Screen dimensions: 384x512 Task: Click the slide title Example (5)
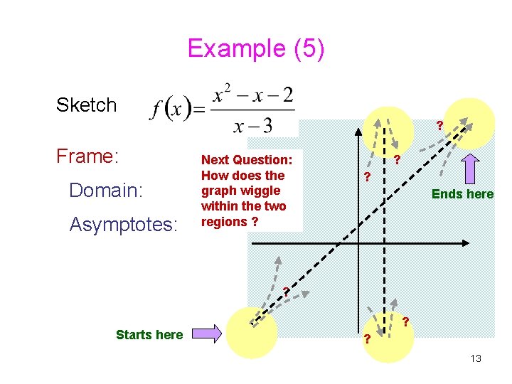[x=256, y=48]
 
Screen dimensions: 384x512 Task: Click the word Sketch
[x=86, y=105]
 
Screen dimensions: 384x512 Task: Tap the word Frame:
[x=86, y=156]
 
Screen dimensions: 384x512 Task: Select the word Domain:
[x=106, y=191]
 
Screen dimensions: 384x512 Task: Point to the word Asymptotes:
[x=123, y=225]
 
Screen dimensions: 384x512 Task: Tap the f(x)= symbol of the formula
[x=178, y=110]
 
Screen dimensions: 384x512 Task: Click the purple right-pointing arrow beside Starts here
[x=207, y=334]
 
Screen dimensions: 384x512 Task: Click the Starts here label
[x=149, y=334]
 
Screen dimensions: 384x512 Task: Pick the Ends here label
[x=462, y=194]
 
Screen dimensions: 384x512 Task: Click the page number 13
[x=476, y=358]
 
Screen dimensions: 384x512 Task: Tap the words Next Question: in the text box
[x=247, y=160]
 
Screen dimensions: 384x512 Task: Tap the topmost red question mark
[x=439, y=126]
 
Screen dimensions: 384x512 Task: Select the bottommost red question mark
[x=367, y=338]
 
